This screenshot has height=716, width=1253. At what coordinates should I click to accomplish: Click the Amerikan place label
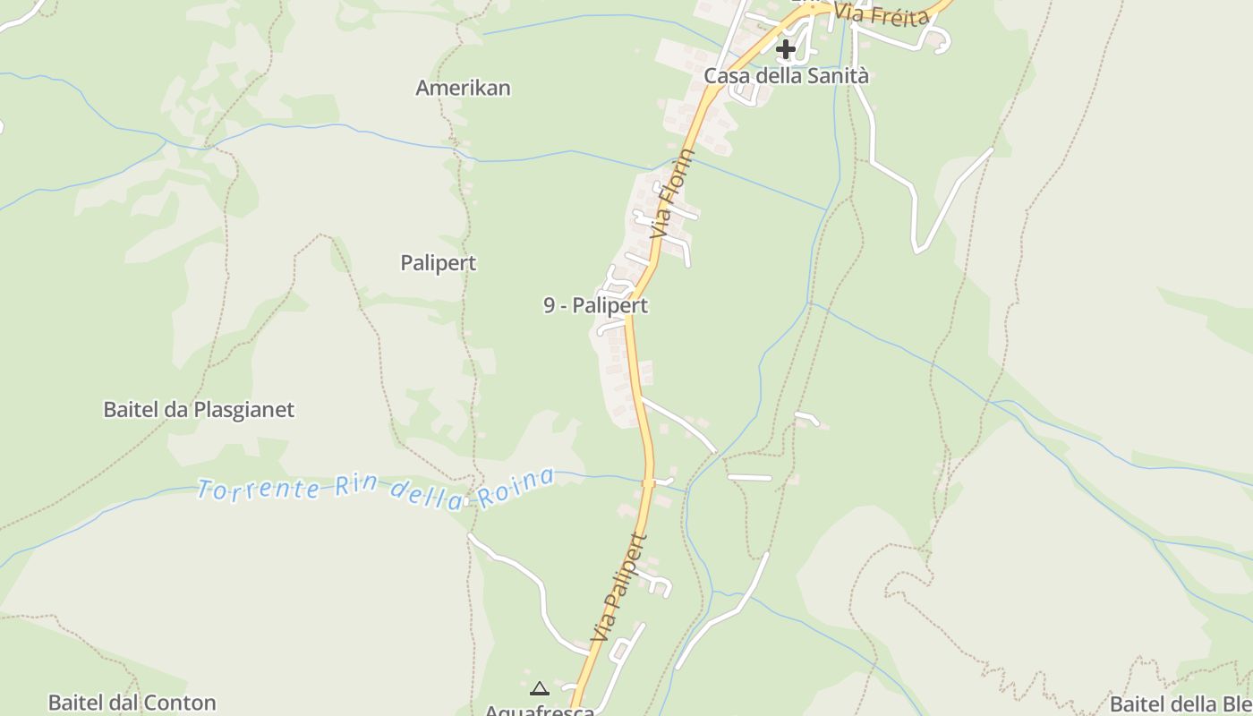click(x=463, y=88)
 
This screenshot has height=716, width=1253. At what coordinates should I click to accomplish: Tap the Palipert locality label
click(x=438, y=263)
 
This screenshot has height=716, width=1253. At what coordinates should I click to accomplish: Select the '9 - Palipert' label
click(x=595, y=305)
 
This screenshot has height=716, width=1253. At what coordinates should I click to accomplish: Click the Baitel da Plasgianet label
click(x=199, y=410)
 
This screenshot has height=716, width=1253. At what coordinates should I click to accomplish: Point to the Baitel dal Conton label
click(x=132, y=703)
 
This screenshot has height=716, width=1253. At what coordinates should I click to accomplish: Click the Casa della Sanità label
click(x=786, y=76)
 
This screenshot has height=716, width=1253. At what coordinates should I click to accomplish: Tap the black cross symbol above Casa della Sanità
click(x=786, y=48)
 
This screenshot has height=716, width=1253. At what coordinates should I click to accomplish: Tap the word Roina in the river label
click(x=516, y=488)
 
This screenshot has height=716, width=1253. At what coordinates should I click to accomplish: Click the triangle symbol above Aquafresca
click(x=539, y=688)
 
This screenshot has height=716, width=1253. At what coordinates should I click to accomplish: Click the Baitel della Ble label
click(x=1181, y=703)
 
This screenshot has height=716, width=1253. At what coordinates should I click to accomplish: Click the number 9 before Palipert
click(x=549, y=305)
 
